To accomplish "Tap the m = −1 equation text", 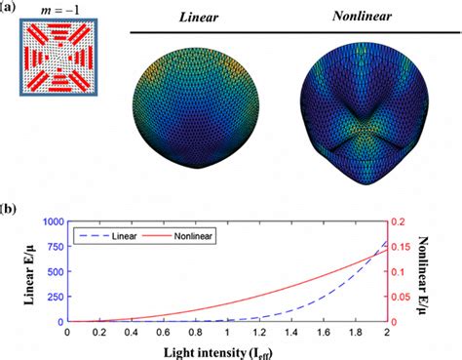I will tap(58, 10).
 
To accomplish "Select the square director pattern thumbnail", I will tap(58, 58).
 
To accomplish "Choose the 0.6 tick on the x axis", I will tap(162, 333).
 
